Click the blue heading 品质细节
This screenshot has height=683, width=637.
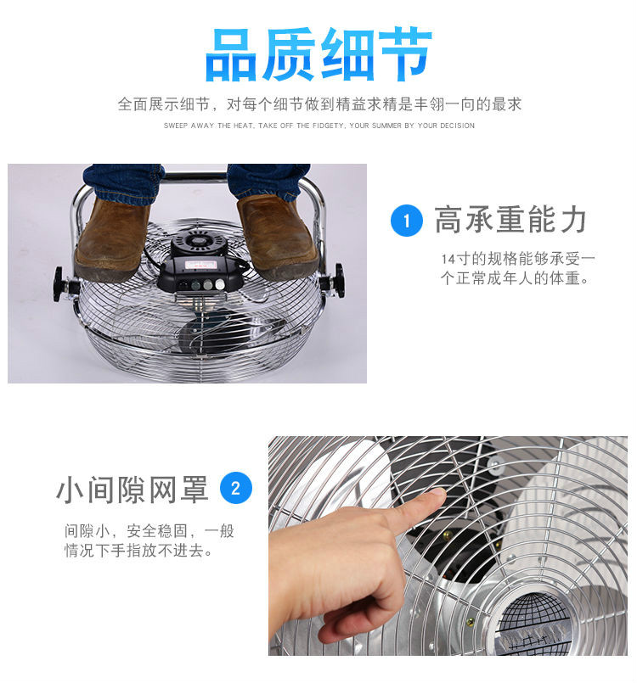[x=318, y=54]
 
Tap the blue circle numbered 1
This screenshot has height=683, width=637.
[x=407, y=221]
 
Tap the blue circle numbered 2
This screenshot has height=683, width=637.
[x=236, y=488]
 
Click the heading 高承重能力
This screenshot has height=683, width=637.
[x=510, y=220]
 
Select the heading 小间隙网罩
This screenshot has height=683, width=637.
[x=132, y=490]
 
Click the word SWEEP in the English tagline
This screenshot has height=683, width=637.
[x=175, y=126]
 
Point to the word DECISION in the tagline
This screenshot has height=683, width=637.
[x=457, y=126]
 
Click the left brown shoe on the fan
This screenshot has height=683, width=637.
[x=111, y=238]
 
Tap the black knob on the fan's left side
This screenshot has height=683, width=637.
[x=61, y=284]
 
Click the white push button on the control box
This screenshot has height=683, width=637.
[x=220, y=284]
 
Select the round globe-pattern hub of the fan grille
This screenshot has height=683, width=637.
[x=535, y=619]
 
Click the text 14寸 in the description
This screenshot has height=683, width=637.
[x=456, y=259]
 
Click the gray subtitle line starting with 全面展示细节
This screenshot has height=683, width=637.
[x=319, y=104]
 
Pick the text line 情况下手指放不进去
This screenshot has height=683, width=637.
[x=138, y=551]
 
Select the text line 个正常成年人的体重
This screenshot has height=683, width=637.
[x=515, y=278]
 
